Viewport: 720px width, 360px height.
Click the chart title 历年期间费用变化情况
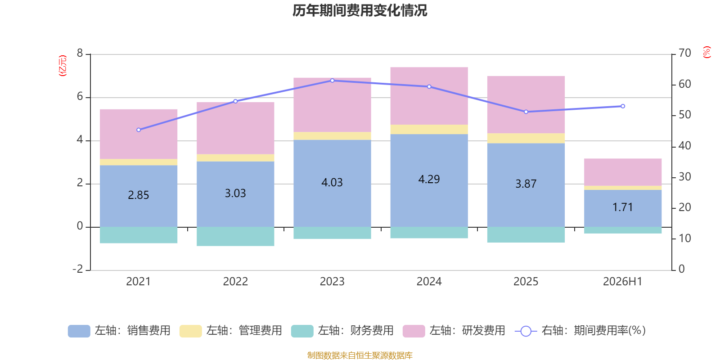click(x=360, y=11)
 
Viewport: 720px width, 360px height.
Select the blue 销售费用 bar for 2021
click(x=139, y=196)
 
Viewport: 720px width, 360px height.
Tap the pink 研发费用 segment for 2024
click(x=429, y=96)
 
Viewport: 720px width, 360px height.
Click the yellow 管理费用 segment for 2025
click(x=526, y=138)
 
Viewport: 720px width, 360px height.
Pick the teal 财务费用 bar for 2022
click(x=235, y=237)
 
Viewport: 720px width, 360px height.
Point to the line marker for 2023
click(x=333, y=81)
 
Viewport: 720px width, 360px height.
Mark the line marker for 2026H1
click(x=623, y=106)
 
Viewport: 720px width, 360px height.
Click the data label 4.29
click(x=429, y=179)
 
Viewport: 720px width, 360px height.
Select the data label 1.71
click(x=623, y=207)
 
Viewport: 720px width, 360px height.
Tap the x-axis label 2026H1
click(x=623, y=282)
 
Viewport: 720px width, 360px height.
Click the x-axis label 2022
click(x=235, y=282)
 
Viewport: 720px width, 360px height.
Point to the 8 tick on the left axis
click(x=80, y=53)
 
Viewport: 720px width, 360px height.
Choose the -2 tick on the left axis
click(x=78, y=269)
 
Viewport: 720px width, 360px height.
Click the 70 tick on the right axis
click(x=684, y=53)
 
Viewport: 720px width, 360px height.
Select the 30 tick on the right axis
click(x=684, y=177)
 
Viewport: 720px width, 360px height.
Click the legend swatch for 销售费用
click(x=79, y=331)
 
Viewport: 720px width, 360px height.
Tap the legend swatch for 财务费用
click(x=302, y=331)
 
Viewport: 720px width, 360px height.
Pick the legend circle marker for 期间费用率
click(x=526, y=331)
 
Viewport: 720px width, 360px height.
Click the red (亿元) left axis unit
click(x=63, y=66)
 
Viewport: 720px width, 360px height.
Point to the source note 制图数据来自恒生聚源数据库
click(x=360, y=355)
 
